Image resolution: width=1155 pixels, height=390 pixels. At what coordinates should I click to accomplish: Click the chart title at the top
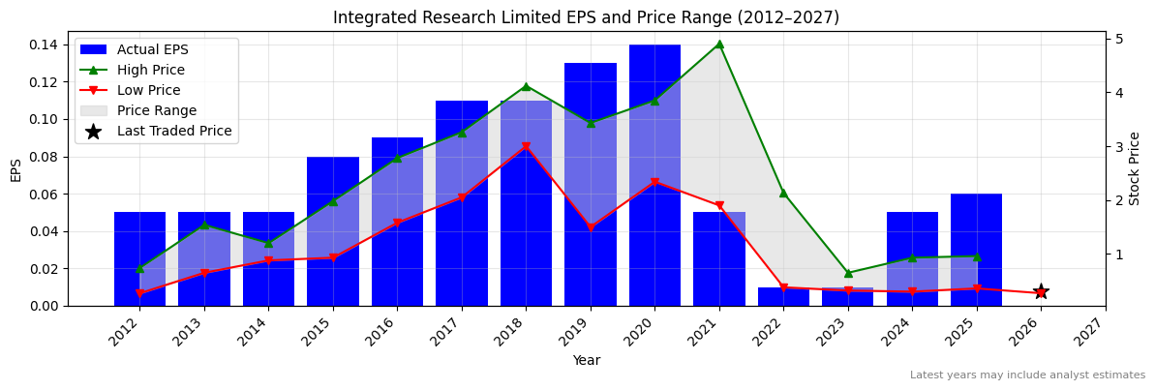pyautogui.click(x=586, y=17)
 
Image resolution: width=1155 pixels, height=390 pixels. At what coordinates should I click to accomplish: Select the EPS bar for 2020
pyautogui.click(x=654, y=174)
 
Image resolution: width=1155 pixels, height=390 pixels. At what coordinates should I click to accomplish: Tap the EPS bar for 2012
pyautogui.click(x=139, y=258)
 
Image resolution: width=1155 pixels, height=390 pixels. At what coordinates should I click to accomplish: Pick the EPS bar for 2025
pyautogui.click(x=976, y=250)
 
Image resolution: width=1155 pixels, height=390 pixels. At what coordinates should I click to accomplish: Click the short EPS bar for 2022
pyautogui.click(x=783, y=296)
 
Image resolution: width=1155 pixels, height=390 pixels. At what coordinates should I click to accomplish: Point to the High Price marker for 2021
pyautogui.click(x=719, y=44)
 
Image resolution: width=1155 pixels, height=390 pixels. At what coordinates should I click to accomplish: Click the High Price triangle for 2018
pyautogui.click(x=526, y=86)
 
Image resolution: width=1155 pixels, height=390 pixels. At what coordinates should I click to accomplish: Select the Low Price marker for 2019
pyautogui.click(x=591, y=228)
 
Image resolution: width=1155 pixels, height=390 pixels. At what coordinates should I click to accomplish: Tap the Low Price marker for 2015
pyautogui.click(x=333, y=258)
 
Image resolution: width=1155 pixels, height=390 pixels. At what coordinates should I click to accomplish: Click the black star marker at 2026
pyautogui.click(x=1041, y=292)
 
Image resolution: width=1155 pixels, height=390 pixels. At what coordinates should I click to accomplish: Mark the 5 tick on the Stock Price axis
pyautogui.click(x=1118, y=39)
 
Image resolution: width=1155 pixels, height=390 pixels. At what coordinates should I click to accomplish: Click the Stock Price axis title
pyautogui.click(x=1135, y=168)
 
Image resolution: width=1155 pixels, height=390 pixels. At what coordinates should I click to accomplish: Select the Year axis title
pyautogui.click(x=586, y=360)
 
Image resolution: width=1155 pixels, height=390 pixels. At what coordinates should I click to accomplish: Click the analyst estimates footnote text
pyautogui.click(x=1026, y=375)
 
